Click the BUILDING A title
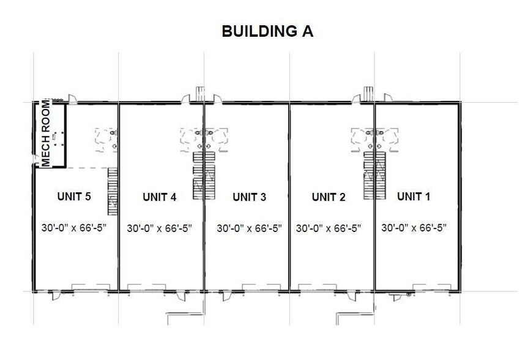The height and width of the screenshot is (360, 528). click(267, 32)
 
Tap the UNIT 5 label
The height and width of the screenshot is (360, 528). click(74, 197)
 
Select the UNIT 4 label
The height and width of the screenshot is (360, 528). click(160, 197)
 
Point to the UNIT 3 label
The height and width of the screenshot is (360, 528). click(249, 197)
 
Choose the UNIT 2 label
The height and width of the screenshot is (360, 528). click(329, 197)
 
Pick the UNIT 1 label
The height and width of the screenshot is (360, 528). click(414, 197)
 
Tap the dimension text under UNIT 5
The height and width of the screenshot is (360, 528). click(74, 228)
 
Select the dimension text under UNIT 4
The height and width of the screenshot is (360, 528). click(160, 228)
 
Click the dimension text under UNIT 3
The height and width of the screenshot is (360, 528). click(249, 228)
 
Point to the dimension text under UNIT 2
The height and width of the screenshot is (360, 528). click(329, 228)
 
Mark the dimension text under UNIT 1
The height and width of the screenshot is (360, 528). click(414, 228)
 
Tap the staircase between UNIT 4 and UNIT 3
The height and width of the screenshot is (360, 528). click(199, 176)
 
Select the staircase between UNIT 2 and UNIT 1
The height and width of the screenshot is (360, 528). click(369, 176)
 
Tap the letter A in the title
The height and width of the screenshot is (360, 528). click(307, 32)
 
